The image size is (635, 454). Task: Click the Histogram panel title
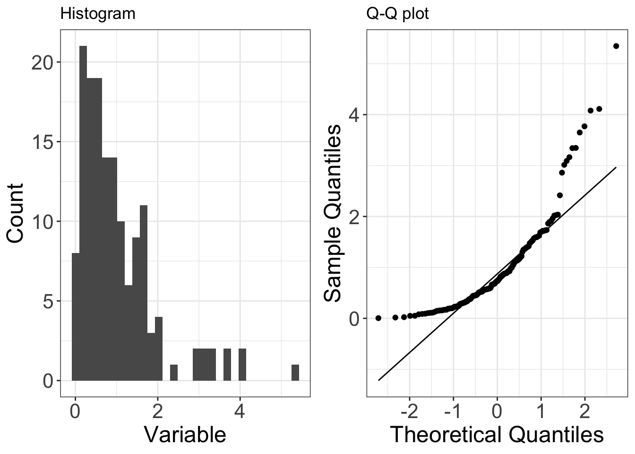point(98,14)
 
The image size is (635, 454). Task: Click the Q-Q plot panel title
point(397,14)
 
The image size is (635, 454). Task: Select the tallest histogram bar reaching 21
point(83,213)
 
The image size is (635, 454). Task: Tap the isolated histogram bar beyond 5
point(295,373)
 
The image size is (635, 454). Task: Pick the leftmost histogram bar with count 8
point(76,317)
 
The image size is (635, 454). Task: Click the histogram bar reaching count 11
point(144,293)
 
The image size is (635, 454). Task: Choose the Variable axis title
point(185,434)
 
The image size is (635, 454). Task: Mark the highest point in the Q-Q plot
point(616,46)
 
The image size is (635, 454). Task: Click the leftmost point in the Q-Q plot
point(378,318)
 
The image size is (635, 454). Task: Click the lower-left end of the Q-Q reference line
point(378,380)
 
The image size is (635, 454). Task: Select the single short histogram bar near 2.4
point(174,373)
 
